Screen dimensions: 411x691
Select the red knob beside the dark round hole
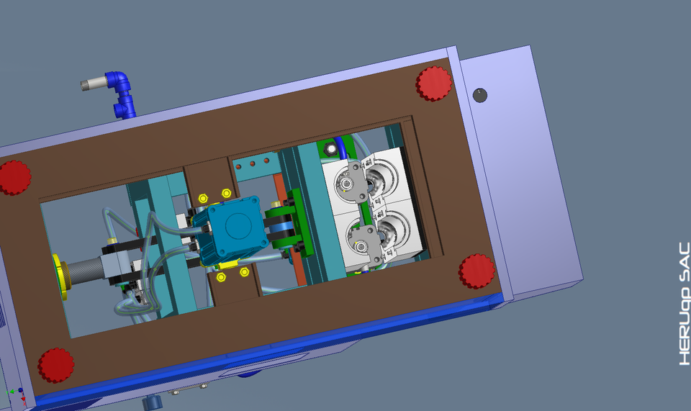(x=433, y=83)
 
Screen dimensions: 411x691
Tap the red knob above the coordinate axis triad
(x=55, y=365)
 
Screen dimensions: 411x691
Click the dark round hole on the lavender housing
(x=480, y=94)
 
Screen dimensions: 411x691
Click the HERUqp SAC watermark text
(x=684, y=303)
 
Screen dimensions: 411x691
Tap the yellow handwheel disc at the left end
(x=59, y=276)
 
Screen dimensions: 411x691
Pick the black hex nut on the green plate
(x=330, y=150)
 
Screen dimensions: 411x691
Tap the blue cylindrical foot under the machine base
(x=153, y=402)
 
